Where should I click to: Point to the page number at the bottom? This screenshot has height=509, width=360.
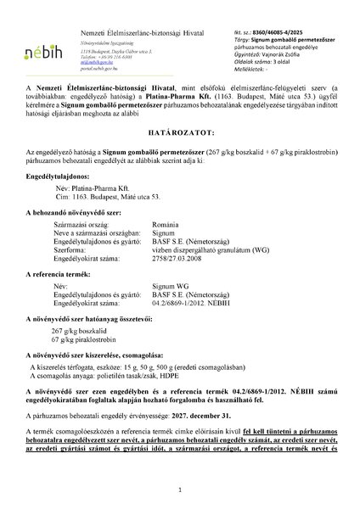coord(180,491)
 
